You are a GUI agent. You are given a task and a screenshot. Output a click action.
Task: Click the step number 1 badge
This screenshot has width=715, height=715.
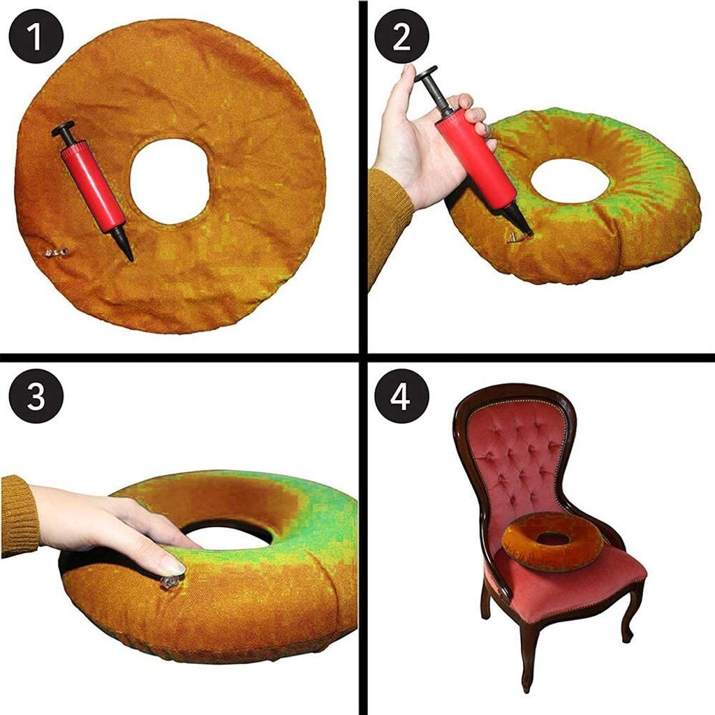[x=36, y=37]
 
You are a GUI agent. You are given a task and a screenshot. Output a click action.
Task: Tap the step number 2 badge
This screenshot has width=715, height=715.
[x=401, y=37]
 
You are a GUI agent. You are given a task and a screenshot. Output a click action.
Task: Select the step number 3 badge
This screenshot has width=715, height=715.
[x=36, y=396]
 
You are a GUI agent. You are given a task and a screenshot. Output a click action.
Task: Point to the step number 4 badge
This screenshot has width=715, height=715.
[x=401, y=396]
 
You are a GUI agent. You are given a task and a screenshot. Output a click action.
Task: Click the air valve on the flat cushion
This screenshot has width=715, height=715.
[x=56, y=252]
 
